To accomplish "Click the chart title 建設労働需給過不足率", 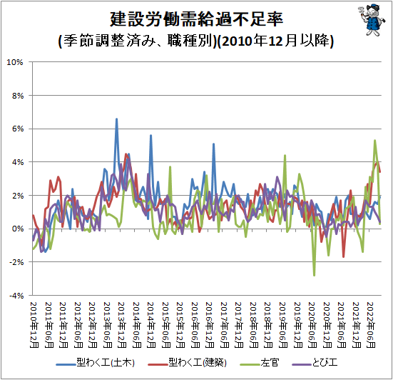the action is pos(197,19).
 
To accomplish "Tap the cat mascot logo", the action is pos(372,20).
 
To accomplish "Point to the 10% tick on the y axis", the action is pos(15,62).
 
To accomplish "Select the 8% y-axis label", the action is pos(18,96).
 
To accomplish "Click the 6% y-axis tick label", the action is pos(18,129).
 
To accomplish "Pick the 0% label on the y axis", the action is pos(18,229).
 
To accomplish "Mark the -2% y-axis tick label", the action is pos(16,262).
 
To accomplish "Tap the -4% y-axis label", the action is pos(16,296).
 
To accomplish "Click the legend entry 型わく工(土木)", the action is pos(96,363).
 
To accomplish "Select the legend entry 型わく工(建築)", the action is pos(187,363).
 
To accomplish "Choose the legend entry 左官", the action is pos(260,363).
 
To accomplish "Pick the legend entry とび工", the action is pos(315,363).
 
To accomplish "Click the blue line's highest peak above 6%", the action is pos(116,119).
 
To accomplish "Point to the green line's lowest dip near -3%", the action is pos(314,275).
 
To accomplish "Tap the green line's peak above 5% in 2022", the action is pos(374,140).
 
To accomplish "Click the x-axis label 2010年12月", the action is pos(34,325).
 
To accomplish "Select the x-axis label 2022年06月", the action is pos(371,325).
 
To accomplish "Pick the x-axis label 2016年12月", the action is pos(210,325).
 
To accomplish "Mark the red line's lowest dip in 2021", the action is pos(343,256).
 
